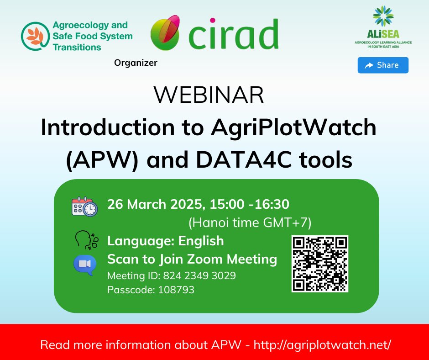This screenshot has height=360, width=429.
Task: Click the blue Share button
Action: pos(383,65)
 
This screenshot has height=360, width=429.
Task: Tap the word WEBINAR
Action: pos(209,95)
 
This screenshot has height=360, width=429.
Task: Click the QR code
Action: pos(320,264)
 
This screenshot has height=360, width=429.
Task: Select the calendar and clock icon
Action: pos(84,206)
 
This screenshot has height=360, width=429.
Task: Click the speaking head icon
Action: pos(87,240)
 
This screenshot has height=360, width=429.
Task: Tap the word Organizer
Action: pos(136,63)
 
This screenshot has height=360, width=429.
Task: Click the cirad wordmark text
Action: pos(233,34)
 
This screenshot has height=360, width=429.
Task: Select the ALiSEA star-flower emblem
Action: pos(383,16)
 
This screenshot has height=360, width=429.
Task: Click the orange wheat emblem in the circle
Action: pos(36,36)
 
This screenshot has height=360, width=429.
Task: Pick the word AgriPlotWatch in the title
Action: pos(293,127)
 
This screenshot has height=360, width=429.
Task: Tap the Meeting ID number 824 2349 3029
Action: pos(199,275)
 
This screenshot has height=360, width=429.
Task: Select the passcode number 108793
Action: pos(176,290)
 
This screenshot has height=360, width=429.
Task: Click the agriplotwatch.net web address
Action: pos(322,345)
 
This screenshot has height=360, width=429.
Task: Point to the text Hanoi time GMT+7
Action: pos(250,223)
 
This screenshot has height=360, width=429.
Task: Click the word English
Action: pos(201,241)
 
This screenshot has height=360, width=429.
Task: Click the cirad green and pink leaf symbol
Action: pos(165,32)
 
